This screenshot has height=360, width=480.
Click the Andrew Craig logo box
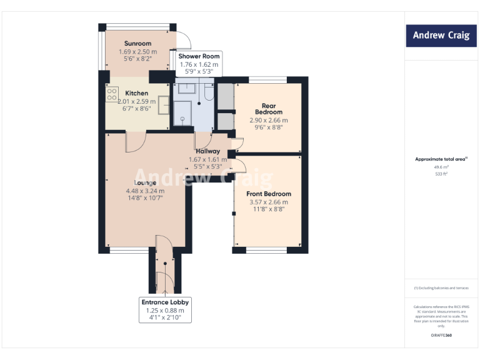click(441, 36)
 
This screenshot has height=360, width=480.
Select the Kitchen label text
click(137, 93)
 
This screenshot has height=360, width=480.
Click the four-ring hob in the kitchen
click(112, 94)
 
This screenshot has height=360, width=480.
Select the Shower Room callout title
click(199, 56)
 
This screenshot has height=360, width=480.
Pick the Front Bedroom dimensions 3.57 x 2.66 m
click(268, 202)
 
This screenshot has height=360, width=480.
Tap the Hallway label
click(207, 151)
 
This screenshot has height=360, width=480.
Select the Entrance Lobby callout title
click(165, 302)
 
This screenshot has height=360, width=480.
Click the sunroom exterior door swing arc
click(177, 39)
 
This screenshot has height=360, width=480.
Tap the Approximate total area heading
click(441, 159)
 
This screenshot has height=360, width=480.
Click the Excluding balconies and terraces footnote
click(441, 287)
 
